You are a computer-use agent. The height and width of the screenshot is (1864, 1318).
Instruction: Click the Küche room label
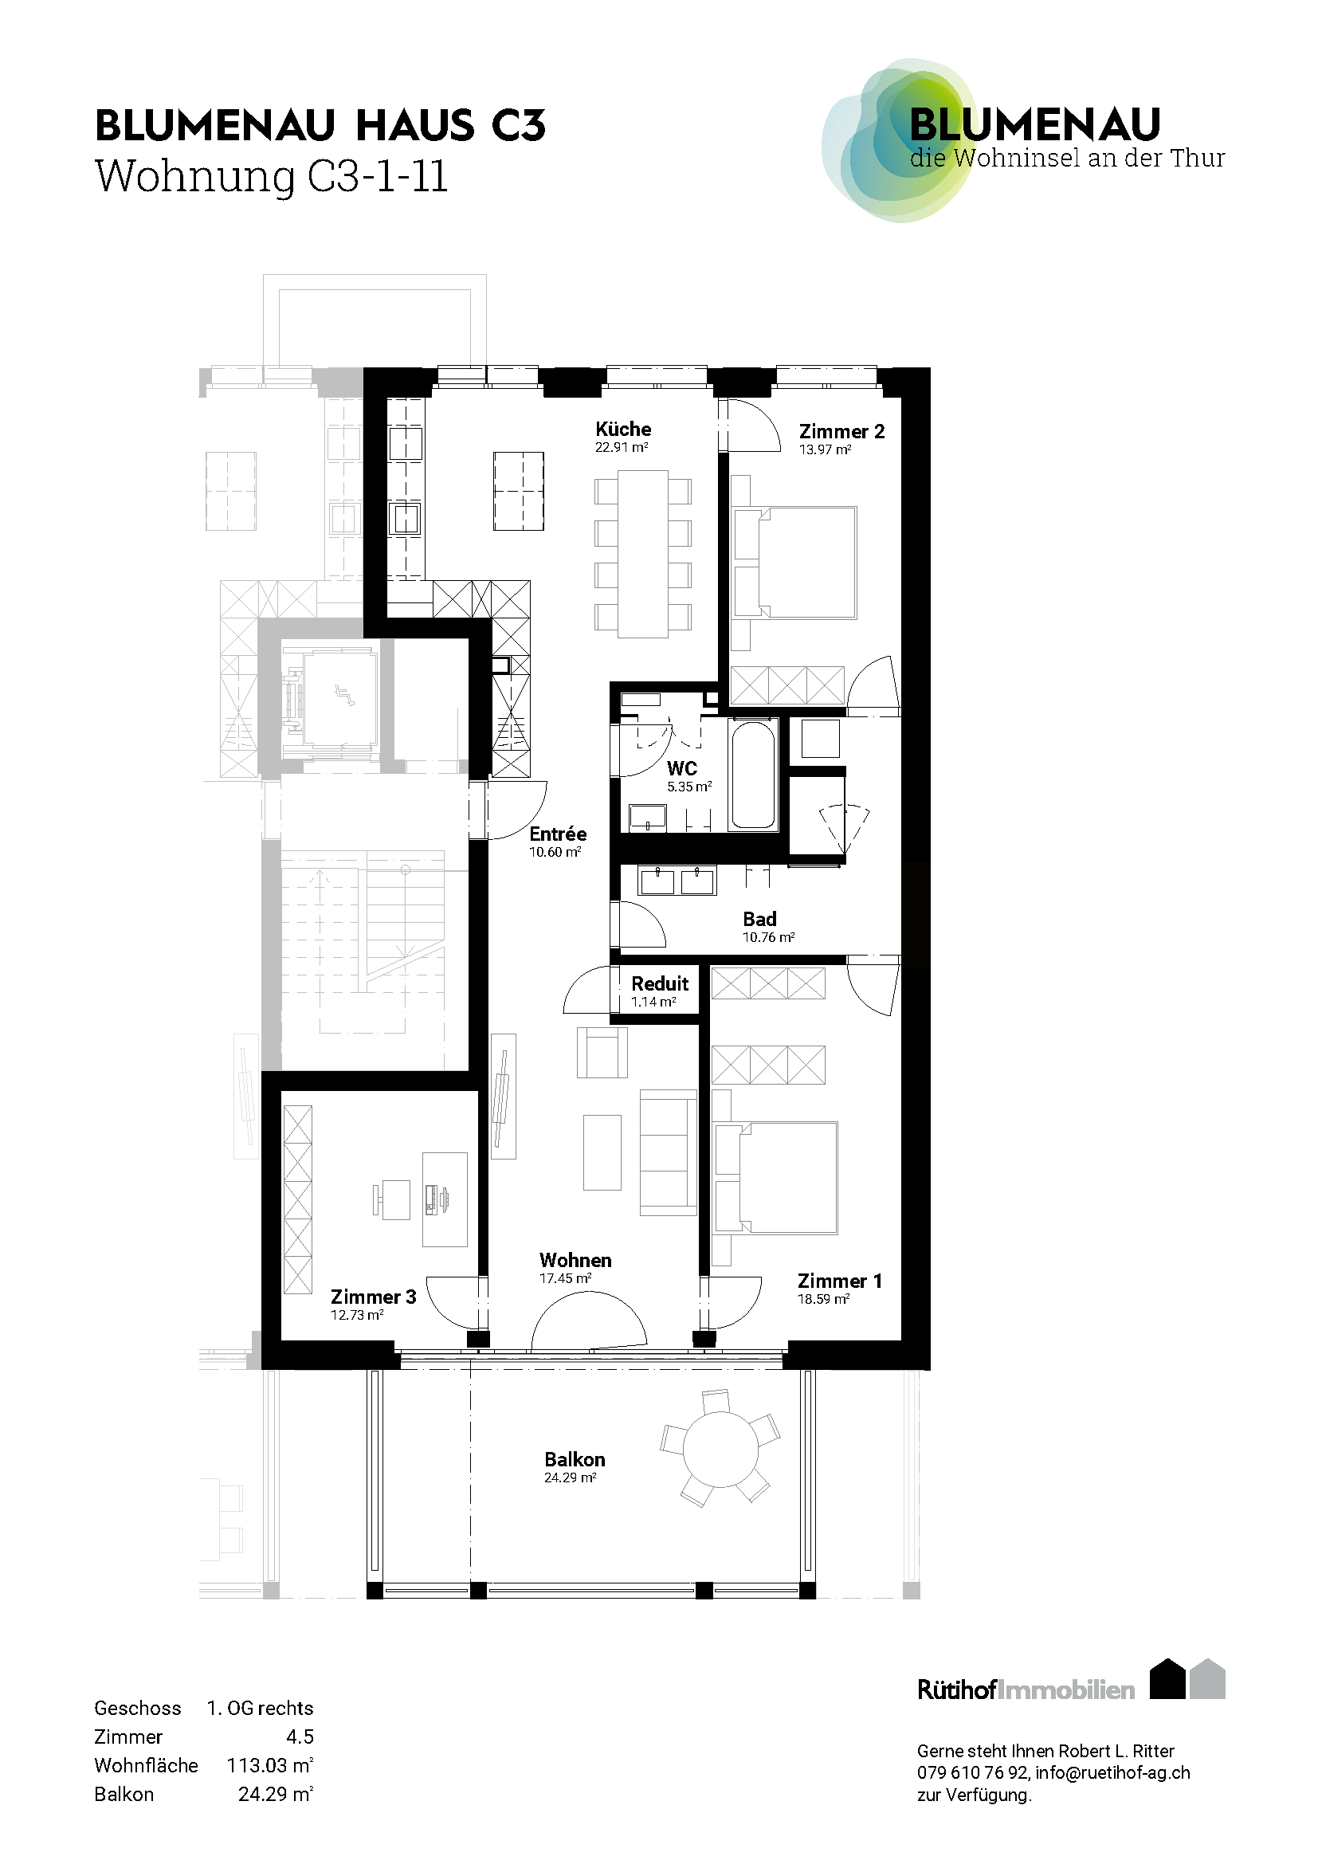pyautogui.click(x=623, y=429)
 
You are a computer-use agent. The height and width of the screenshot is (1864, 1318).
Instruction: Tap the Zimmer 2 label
pyautogui.click(x=841, y=431)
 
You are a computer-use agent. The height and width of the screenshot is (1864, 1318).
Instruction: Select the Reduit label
pyautogui.click(x=660, y=983)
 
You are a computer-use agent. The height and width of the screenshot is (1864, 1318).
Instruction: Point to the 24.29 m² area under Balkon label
pyautogui.click(x=571, y=1477)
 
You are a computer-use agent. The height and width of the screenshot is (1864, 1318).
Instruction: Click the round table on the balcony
pyautogui.click(x=720, y=1449)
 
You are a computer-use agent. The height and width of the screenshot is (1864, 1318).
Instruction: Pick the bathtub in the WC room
pyautogui.click(x=753, y=774)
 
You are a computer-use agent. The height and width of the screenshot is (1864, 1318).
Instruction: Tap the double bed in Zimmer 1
pyautogui.click(x=775, y=1178)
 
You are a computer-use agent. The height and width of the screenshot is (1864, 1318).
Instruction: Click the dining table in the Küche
pyautogui.click(x=643, y=554)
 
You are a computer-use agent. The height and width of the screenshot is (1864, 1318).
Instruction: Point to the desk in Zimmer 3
pyautogui.click(x=445, y=1199)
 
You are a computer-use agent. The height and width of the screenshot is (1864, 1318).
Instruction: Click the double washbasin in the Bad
pyautogui.click(x=677, y=881)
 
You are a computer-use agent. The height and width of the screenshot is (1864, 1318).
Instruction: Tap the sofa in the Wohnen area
pyautogui.click(x=668, y=1152)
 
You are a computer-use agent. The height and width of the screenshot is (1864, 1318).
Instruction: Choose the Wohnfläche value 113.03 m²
pyautogui.click(x=270, y=1765)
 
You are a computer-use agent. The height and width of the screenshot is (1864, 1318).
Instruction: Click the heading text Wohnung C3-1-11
pyautogui.click(x=271, y=176)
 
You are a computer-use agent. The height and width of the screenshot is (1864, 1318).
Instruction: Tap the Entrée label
pyautogui.click(x=558, y=834)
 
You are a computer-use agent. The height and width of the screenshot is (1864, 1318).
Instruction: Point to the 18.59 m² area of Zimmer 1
pyautogui.click(x=824, y=1299)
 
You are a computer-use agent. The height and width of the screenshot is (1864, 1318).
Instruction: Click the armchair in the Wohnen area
pyautogui.click(x=602, y=1052)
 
